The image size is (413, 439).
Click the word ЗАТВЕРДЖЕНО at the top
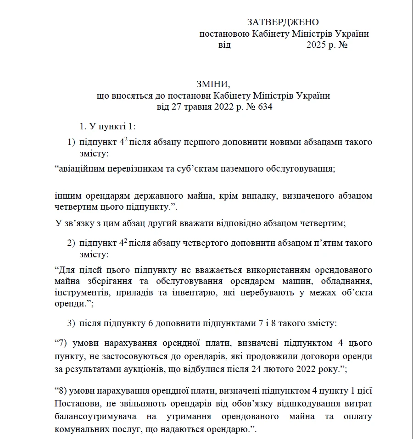[x=283, y=22]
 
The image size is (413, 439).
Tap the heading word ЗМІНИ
[x=212, y=84]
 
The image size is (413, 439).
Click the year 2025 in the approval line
[x=316, y=45]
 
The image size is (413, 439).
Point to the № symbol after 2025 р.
[x=342, y=45]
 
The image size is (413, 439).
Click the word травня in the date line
[x=199, y=108]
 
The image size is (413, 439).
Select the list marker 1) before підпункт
[x=72, y=142]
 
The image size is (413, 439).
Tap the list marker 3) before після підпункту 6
[x=72, y=323]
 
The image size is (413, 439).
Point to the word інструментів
[x=82, y=293]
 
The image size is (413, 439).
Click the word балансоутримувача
[x=95, y=417]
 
